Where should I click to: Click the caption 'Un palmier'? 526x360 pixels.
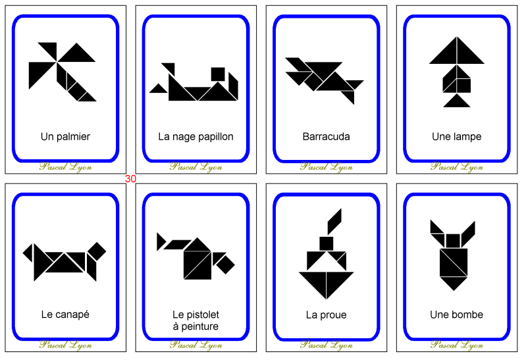pos(65,137)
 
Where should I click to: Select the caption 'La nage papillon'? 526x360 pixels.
pos(196,137)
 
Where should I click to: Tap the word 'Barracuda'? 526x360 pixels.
pos(326,137)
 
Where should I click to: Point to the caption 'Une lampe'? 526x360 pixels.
pos(456,137)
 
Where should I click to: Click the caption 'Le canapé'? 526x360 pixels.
pos(65,315)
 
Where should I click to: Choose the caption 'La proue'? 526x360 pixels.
pos(326,315)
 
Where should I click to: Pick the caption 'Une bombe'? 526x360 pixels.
pos(456,315)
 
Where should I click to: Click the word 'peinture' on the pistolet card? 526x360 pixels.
pos(196,326)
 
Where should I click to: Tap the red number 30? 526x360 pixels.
pos(130,178)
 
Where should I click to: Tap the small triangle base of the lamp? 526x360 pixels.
pos(457,101)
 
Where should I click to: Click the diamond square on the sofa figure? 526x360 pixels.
pos(97,251)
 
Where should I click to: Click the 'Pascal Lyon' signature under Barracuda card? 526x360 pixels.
pos(326,167)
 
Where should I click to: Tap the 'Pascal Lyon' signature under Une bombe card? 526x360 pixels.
pos(456,344)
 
